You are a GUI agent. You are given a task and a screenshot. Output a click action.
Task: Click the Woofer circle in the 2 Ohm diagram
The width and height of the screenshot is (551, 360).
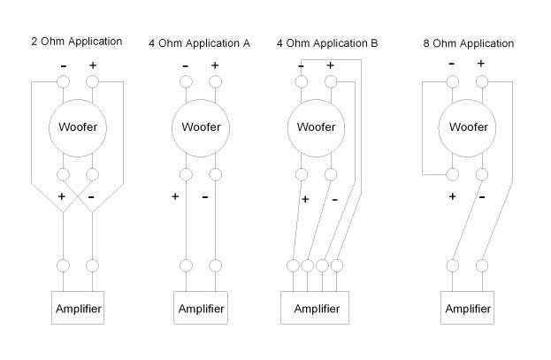pyautogui.click(x=77, y=127)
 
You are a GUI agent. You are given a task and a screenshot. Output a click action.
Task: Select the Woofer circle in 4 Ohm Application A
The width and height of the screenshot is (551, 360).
pyautogui.click(x=199, y=127)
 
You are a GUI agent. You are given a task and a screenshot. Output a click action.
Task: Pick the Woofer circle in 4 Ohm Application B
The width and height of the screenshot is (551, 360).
pyautogui.click(x=316, y=127)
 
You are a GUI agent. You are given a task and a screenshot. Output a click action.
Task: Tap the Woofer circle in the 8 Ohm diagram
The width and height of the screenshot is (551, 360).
pyautogui.click(x=467, y=127)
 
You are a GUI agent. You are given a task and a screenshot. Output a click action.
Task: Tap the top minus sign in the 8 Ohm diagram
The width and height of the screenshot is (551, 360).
pyautogui.click(x=452, y=64)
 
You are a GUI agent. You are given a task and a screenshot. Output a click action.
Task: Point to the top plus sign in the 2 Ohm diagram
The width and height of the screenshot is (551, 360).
pyautogui.click(x=92, y=65)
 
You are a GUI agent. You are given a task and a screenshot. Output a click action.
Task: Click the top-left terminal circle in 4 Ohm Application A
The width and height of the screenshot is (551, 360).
pyautogui.click(x=185, y=83)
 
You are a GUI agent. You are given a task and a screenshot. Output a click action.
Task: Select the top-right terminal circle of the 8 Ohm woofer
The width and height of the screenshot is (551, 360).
pyautogui.click(x=481, y=83)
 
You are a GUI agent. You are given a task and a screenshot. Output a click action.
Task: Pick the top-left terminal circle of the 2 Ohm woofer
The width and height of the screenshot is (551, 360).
pyautogui.click(x=63, y=83)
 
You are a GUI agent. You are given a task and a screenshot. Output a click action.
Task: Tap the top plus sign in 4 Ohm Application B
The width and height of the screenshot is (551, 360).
pyautogui.click(x=330, y=65)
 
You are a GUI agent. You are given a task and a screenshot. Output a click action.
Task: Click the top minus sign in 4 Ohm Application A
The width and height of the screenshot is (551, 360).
pyautogui.click(x=185, y=66)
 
